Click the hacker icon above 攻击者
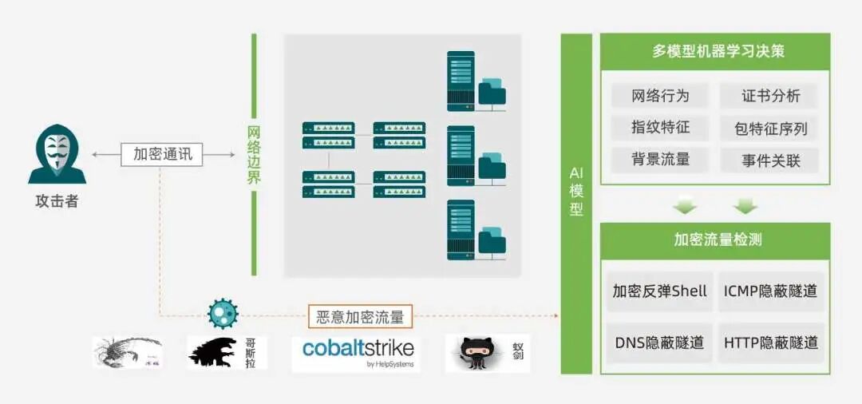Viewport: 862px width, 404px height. point(57,154)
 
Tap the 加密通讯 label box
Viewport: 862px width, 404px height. point(162,154)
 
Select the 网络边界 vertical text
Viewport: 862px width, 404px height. point(254,155)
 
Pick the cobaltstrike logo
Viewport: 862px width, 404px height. point(357,352)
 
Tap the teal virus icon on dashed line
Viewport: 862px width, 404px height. point(223,314)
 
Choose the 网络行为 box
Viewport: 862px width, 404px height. point(660,97)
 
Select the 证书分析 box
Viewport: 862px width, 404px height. point(770,97)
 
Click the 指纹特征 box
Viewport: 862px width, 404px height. point(660,127)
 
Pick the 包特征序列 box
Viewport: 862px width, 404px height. point(770,128)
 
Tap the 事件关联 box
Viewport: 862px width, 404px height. point(770,160)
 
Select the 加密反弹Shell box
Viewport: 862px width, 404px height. point(659,291)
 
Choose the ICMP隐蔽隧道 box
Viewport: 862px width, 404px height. point(770,291)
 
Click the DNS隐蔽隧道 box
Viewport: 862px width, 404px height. point(659,343)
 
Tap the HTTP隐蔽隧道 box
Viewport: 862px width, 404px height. point(770,343)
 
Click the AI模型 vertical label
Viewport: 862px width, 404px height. point(576,191)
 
